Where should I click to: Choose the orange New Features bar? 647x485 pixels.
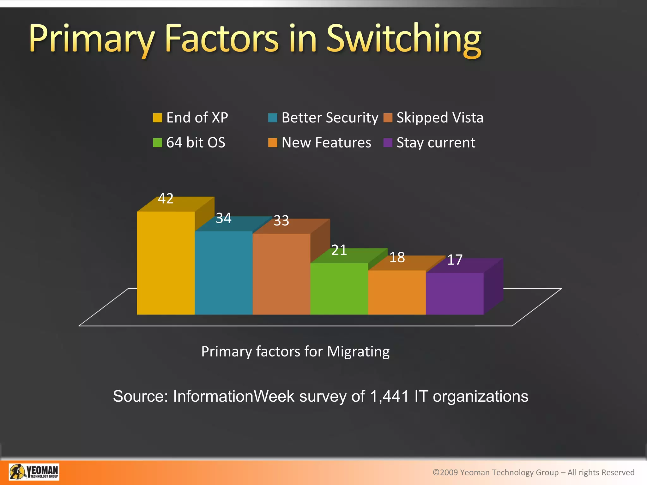point(397,292)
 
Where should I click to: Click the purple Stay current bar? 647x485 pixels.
point(455,293)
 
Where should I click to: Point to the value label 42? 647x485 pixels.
point(166,199)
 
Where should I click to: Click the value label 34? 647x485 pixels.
point(223,218)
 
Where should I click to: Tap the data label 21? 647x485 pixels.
point(339,250)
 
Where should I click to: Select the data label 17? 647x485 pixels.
point(455,260)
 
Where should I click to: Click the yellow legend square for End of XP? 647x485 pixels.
point(157,118)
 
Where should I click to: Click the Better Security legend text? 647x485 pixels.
point(330,118)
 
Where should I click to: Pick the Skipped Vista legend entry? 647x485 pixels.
point(439,118)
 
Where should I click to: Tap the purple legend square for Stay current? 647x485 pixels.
point(388,143)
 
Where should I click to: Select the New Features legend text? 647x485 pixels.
point(326,143)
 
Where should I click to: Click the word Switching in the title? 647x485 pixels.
point(403,39)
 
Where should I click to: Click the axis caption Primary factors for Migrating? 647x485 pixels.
point(295,351)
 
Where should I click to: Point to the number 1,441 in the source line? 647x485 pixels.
point(389,396)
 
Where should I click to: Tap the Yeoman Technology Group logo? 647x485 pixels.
point(34,472)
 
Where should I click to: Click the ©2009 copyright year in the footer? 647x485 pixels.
point(445,472)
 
